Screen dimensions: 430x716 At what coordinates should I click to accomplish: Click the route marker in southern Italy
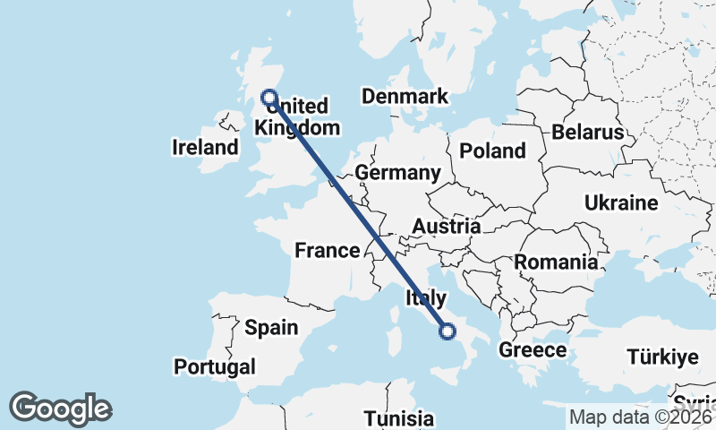(447, 332)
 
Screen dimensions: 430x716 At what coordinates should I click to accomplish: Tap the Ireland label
(205, 148)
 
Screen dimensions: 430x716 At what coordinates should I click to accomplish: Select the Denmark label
(404, 97)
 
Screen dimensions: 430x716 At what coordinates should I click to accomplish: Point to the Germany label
(397, 173)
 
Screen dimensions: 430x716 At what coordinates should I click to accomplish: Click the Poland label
(492, 150)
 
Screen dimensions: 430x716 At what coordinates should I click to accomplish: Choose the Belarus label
(587, 133)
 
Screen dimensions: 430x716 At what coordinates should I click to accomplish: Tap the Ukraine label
(621, 203)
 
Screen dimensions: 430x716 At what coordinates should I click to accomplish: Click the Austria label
(446, 227)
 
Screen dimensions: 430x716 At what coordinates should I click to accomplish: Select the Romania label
(556, 262)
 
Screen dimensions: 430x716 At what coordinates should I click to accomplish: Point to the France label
(327, 251)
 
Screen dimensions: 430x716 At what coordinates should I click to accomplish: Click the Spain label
(271, 328)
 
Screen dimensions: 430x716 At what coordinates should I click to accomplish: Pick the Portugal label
(215, 366)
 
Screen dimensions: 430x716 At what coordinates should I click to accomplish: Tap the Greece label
(533, 350)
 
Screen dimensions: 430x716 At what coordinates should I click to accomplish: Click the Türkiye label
(661, 357)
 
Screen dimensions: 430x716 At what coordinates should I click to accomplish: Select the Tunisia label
(398, 418)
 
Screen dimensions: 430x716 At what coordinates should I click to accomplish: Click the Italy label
(426, 297)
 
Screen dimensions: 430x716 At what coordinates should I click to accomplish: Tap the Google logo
(60, 408)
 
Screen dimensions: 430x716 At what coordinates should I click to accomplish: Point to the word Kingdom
(297, 128)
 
